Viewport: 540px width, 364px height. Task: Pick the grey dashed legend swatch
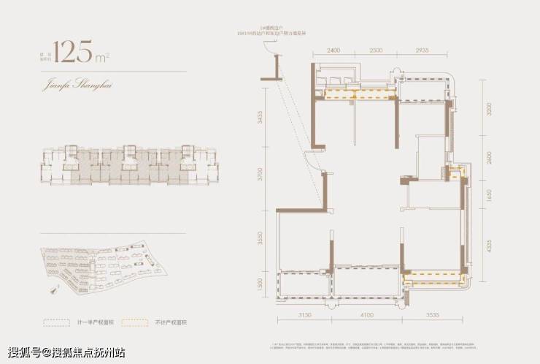(55, 322)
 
